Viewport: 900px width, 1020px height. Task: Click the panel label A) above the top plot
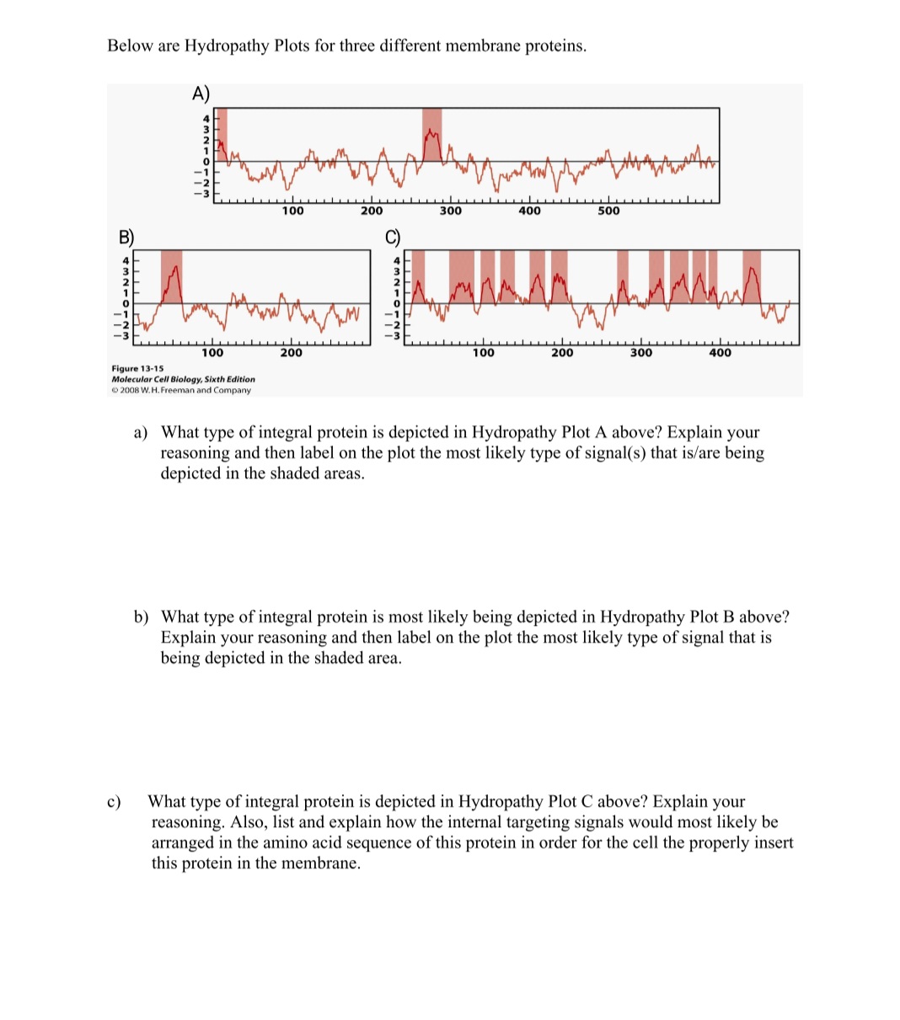pyautogui.click(x=201, y=93)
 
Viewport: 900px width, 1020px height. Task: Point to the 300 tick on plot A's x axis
pyautogui.click(x=450, y=211)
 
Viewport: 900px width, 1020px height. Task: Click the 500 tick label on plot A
pyautogui.click(x=608, y=211)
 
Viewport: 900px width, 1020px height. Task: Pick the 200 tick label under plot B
pyautogui.click(x=291, y=353)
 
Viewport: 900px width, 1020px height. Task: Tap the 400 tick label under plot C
pyautogui.click(x=720, y=353)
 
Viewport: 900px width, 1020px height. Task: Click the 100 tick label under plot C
pyautogui.click(x=483, y=353)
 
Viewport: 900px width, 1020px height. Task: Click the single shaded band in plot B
pyautogui.click(x=172, y=275)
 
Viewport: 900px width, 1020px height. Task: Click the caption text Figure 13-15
pyautogui.click(x=137, y=369)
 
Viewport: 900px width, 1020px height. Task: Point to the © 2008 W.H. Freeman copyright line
pyautogui.click(x=181, y=390)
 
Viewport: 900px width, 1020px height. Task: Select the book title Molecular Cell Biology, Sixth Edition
pyautogui.click(x=183, y=380)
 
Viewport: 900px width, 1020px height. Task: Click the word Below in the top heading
pyautogui.click(x=130, y=45)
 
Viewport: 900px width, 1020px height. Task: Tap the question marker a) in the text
pyautogui.click(x=142, y=433)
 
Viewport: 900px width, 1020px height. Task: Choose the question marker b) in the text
pyautogui.click(x=142, y=617)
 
